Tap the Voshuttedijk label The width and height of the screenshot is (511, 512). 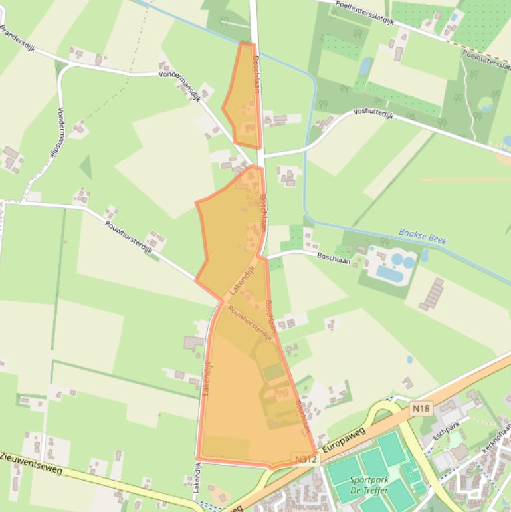coord(373,114)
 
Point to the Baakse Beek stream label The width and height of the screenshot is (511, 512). coord(422,235)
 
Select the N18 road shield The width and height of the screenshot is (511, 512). coord(421,409)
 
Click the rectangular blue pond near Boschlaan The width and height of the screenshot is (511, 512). coord(389,273)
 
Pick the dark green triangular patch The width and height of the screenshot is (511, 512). coord(85,167)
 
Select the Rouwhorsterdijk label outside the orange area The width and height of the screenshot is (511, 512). coord(128,237)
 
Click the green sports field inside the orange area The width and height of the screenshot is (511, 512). coord(273,372)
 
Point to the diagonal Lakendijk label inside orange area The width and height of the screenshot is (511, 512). coord(242,281)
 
